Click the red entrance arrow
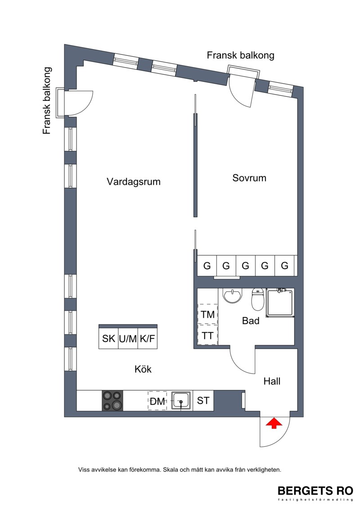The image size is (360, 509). click(x=274, y=423)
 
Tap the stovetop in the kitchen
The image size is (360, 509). click(x=112, y=401)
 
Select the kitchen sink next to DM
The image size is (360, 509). click(x=181, y=401)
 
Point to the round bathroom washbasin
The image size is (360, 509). click(x=232, y=295)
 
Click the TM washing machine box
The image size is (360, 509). click(x=207, y=314)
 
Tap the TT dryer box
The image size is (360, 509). click(x=207, y=335)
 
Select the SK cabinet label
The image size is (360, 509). click(x=108, y=338)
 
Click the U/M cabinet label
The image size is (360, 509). click(x=128, y=339)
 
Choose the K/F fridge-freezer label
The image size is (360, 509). click(x=148, y=338)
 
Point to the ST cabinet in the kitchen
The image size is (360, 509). click(x=203, y=401)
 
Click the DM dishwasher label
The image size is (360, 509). click(x=157, y=401)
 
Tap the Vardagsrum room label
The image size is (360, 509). click(x=134, y=181)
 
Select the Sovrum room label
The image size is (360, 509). click(x=249, y=178)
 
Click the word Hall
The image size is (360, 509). click(x=272, y=381)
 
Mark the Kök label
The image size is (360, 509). click(x=143, y=369)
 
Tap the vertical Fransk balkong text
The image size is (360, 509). click(x=47, y=101)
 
